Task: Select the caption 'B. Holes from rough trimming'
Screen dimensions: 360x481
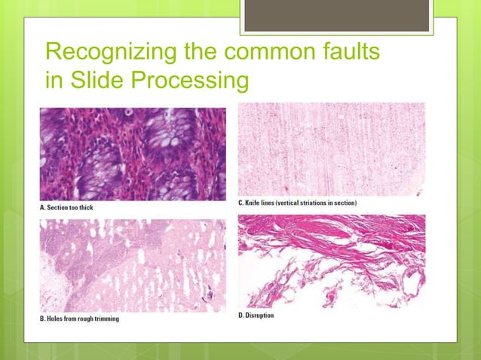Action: click(79, 319)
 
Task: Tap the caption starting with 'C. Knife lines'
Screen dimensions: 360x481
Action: click(297, 203)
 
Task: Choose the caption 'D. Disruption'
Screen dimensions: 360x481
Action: click(256, 315)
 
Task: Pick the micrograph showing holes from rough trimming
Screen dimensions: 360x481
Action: click(133, 264)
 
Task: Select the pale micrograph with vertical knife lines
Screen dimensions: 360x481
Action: click(331, 149)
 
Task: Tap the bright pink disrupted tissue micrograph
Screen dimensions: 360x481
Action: click(331, 261)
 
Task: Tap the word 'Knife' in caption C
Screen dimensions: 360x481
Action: click(255, 203)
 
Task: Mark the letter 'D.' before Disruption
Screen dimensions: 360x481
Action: click(240, 315)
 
